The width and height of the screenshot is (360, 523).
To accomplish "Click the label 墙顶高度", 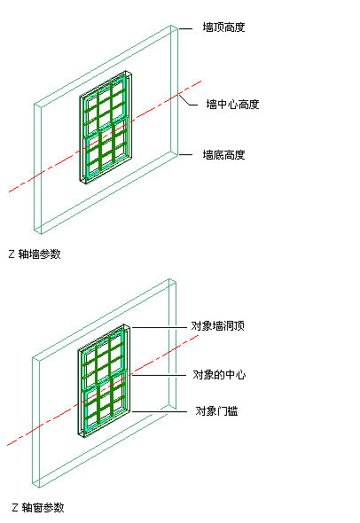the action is pos(223,27).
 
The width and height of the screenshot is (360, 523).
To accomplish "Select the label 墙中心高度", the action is pos(232,105).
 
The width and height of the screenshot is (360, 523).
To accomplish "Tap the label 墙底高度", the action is pos(223,155).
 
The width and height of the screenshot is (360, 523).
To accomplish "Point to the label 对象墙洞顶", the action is pos(217,326).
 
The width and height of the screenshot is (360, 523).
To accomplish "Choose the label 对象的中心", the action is pos(219,375).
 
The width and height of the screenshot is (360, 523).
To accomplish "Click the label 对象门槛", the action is pos(216,411).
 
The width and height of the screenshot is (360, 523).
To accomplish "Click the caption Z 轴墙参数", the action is pos(35,254).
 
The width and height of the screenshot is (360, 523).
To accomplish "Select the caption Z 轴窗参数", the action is pos(38,508).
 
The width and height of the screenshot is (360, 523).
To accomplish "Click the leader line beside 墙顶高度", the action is pos(185,29).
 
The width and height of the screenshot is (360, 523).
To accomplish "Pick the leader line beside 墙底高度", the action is pos(185,155).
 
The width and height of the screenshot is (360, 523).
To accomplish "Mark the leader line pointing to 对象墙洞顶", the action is pos(159,328).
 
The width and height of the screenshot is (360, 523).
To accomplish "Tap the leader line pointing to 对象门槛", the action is pos(159,411).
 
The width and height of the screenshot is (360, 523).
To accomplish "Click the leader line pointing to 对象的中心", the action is pos(158,375).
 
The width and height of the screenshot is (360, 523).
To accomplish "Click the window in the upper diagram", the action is pos(106,127).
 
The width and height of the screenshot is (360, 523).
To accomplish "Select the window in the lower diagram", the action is pos(104,380).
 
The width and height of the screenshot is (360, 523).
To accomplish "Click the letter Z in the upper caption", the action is pos(12,254).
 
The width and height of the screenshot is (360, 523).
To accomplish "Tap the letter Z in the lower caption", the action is pos(15,508).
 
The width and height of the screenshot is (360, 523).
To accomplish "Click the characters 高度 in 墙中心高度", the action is pos(248,105).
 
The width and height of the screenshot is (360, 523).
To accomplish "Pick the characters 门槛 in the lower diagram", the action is pos(227,411).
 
